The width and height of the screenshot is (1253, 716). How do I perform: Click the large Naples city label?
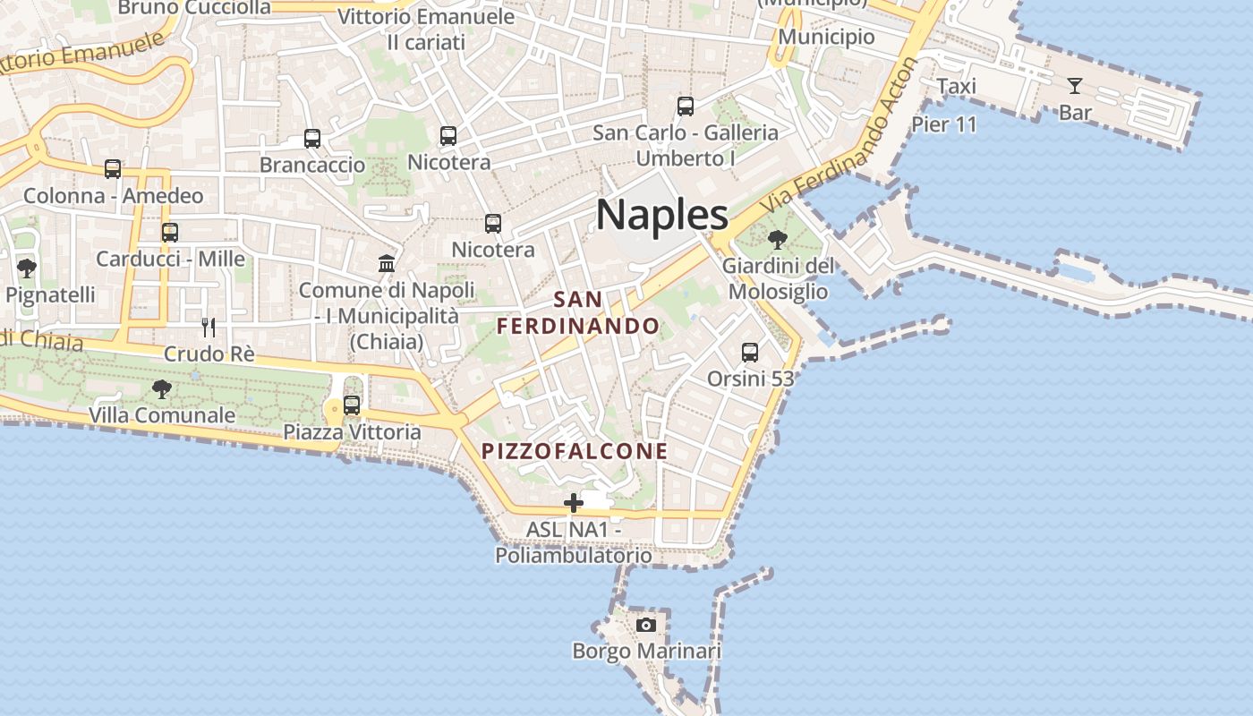click(661, 215)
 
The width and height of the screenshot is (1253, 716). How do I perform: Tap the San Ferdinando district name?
click(578, 312)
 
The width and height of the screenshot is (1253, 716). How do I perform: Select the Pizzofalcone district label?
click(575, 451)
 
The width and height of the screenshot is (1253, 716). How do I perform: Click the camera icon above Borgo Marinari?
click(645, 625)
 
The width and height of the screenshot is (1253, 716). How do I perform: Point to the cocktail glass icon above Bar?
click(1075, 86)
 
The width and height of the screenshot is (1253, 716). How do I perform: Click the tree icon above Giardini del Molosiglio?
click(777, 239)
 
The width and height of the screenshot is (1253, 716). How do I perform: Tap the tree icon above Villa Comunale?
click(162, 389)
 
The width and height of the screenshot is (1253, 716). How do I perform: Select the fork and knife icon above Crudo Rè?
click(209, 327)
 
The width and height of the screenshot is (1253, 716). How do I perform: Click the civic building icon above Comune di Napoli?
click(387, 263)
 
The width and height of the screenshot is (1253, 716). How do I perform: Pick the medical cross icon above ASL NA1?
click(574, 503)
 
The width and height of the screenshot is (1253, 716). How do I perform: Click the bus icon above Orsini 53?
click(750, 353)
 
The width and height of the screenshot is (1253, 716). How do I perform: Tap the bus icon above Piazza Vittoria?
click(352, 405)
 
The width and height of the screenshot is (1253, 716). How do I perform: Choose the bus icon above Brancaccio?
click(312, 139)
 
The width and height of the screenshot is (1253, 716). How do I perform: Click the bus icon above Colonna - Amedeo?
click(113, 169)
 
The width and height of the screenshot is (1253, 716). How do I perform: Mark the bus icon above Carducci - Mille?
click(170, 233)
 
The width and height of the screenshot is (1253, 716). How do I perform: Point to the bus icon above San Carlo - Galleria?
click(686, 107)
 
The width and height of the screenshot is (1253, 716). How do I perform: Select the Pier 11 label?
click(944, 124)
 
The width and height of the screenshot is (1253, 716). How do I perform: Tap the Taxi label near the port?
click(956, 87)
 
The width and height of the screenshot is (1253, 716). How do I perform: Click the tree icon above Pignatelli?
click(27, 268)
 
